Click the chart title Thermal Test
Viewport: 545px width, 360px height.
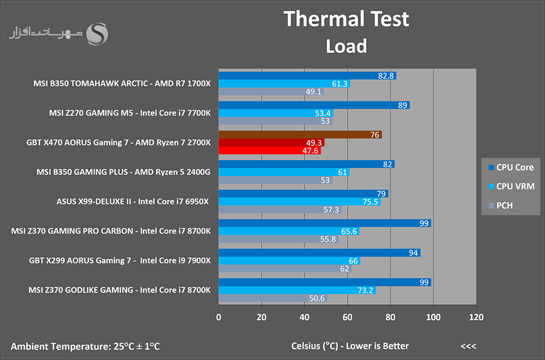pyautogui.click(x=346, y=19)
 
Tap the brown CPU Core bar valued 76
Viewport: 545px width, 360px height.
pyautogui.click(x=300, y=134)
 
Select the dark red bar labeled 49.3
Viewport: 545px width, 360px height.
pyautogui.click(x=271, y=142)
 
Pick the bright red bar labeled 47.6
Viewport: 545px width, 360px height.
pyautogui.click(x=269, y=150)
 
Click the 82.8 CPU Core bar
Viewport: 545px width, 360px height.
pyautogui.click(x=307, y=76)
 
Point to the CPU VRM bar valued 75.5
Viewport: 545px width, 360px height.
pyautogui.click(x=300, y=201)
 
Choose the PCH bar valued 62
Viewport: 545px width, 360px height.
pyautogui.click(x=285, y=269)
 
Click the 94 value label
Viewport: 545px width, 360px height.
pyautogui.click(x=413, y=253)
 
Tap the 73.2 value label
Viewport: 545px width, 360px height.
pyautogui.click(x=365, y=290)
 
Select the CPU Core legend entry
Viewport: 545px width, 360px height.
pyautogui.click(x=511, y=168)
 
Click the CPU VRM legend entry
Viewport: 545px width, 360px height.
pyautogui.click(x=511, y=186)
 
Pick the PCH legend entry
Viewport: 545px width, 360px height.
pyautogui.click(x=501, y=206)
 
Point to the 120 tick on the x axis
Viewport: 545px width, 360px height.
pyautogui.click(x=476, y=317)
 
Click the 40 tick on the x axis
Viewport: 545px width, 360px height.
pyautogui.click(x=305, y=317)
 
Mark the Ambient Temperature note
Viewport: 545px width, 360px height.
pyautogui.click(x=85, y=346)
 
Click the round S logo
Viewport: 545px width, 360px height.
pyautogui.click(x=97, y=34)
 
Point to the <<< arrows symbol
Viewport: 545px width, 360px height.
pyautogui.click(x=468, y=346)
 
